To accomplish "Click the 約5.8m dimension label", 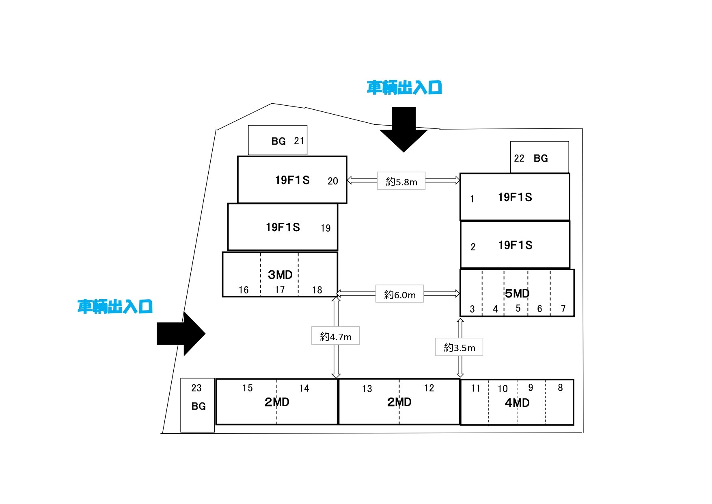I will (401, 181).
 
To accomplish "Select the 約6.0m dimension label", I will (399, 294).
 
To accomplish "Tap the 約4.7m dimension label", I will (335, 336).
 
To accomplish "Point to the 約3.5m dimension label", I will (459, 347).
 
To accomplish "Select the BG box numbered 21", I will (278, 140).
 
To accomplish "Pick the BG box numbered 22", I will (539, 158).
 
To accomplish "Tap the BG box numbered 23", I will (198, 405).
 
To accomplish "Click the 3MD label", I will (280, 275).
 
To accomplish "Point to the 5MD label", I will (517, 293).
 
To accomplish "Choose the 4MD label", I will (517, 403).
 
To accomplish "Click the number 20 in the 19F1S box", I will (333, 181).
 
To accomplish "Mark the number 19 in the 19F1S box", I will (326, 228).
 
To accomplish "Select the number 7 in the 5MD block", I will (563, 309).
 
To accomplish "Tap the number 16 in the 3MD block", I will (244, 290).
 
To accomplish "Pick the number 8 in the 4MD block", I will (560, 388).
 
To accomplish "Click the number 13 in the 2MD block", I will (367, 389).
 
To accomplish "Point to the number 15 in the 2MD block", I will (248, 388).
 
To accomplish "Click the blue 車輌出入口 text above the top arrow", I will (404, 88).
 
